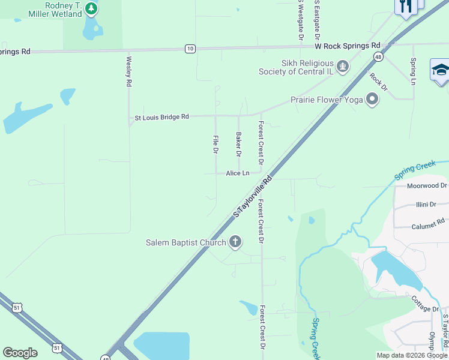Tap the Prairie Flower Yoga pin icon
372,99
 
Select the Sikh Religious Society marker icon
343,66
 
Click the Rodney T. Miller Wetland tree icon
91,8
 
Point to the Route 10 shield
190,49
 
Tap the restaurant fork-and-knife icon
406,6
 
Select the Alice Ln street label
237,173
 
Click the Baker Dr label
238,145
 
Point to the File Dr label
215,144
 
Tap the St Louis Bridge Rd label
161,117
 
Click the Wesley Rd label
128,72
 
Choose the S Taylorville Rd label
253,196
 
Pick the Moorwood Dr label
427,186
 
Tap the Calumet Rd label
427,226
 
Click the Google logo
20,353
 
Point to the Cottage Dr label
425,304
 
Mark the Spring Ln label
413,71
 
